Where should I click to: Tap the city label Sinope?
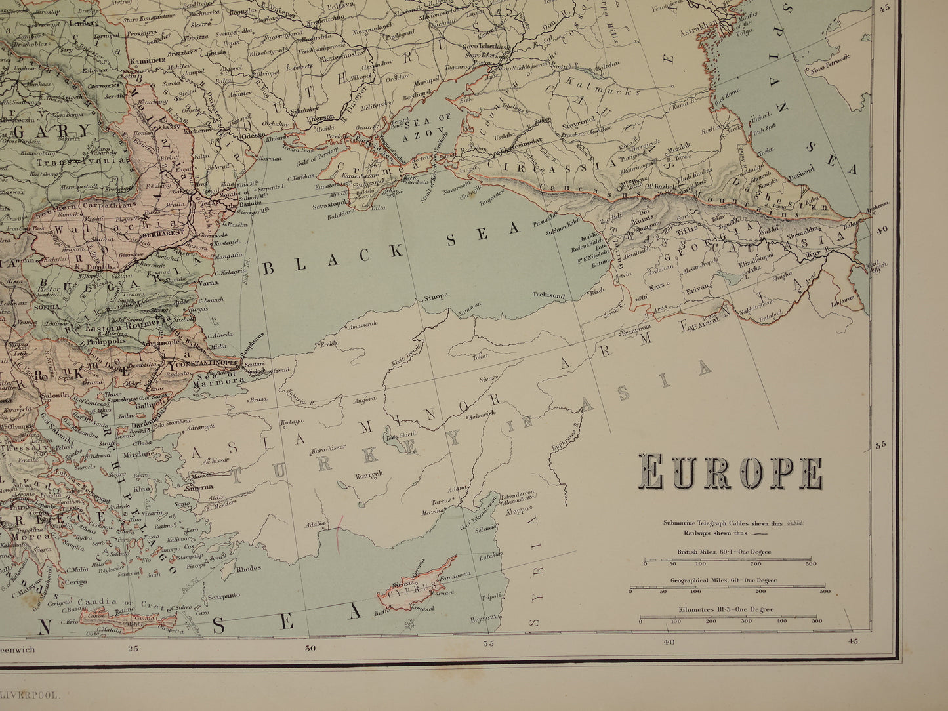tap(435, 296)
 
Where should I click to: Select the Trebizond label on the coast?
tap(548, 296)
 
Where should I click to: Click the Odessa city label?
tap(253, 135)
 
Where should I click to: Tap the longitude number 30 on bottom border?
tap(310, 649)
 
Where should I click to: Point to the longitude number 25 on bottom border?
tap(133, 649)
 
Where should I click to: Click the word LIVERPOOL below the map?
tap(33, 693)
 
